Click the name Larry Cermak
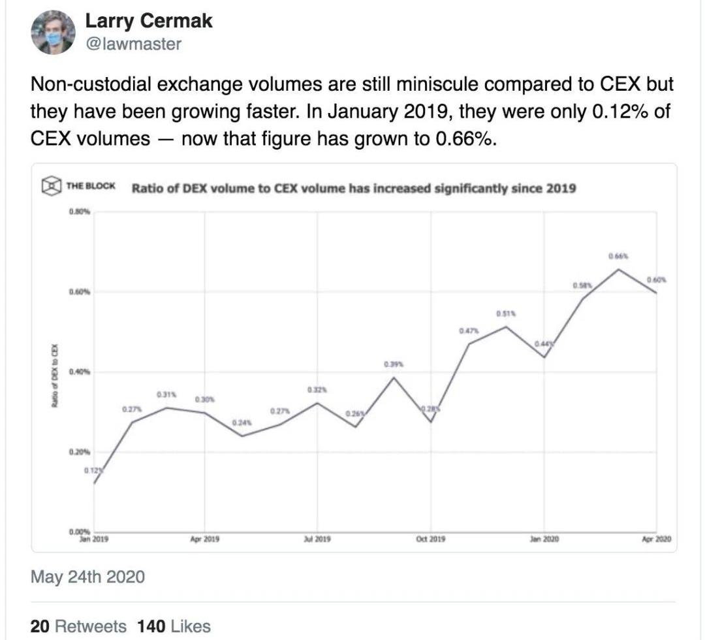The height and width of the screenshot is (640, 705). point(149,21)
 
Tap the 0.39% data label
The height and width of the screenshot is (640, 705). point(394,364)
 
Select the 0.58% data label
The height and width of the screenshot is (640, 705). point(582,285)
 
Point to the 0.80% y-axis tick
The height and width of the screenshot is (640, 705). point(79,212)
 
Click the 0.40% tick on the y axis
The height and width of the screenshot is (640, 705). point(79,372)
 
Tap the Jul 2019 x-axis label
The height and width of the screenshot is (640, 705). point(317,540)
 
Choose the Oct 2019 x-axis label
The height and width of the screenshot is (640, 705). point(430,540)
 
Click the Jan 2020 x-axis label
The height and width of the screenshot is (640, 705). point(543,540)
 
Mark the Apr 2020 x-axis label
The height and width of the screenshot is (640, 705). point(656,540)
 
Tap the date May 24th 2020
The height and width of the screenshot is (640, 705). point(87,577)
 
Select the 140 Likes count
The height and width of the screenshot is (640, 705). point(174,626)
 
